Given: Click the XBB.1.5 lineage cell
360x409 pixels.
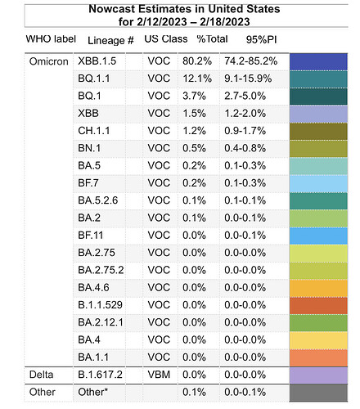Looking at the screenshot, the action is tap(97, 61).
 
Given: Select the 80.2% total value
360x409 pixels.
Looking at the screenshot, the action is tap(197, 61).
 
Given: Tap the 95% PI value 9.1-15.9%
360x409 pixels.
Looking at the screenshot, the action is tap(248, 79).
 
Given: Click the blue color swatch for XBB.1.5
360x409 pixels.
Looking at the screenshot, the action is tap(318, 62).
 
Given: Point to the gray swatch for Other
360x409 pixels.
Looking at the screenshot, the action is tap(318, 393).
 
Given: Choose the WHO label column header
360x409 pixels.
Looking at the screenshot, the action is tap(51, 38).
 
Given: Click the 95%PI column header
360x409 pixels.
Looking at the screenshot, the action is tap(261, 39).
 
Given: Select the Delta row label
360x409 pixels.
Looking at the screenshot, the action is tap(41, 375).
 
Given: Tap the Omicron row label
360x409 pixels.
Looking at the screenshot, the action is tap(49, 61).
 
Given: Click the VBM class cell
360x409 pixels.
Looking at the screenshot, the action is tap(159, 375).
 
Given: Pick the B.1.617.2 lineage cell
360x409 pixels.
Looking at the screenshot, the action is tap(100, 375).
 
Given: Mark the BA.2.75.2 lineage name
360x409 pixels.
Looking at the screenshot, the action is tap(101, 270).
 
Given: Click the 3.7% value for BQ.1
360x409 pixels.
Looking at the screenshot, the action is tap(194, 96).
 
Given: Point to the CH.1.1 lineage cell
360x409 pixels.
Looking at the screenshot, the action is tap(94, 131).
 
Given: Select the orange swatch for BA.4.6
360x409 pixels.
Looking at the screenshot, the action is tap(318, 288).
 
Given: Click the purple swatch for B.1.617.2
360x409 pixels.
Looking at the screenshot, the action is tap(318, 375).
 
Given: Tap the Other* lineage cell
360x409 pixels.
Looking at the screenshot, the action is tap(93, 392).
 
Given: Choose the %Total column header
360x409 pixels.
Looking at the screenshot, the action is tap(212, 38).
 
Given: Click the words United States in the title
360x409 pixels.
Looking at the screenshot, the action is tap(244, 9).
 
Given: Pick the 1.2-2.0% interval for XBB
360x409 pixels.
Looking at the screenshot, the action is tap(245, 113).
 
